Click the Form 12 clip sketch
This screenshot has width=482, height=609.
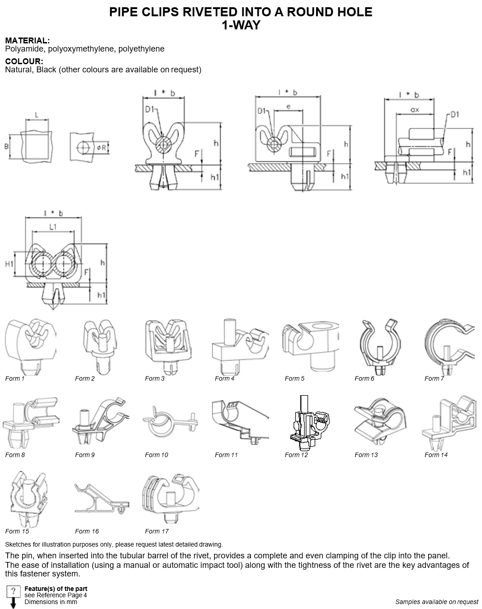click(309, 423)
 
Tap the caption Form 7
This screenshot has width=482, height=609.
click(434, 378)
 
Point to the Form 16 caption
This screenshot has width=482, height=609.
click(87, 531)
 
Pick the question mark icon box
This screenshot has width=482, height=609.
click(13, 591)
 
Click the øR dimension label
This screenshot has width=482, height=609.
click(102, 147)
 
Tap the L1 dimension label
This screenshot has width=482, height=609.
click(53, 227)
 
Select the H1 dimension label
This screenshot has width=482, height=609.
click(9, 264)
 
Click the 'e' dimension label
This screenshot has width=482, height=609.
click(288, 107)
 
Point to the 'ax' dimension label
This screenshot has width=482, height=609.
click(415, 109)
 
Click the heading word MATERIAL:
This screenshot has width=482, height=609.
click(28, 41)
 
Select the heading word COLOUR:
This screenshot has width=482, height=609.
click(24, 61)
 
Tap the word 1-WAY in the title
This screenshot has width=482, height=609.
click(241, 25)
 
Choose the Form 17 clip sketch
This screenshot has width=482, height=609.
click(171, 498)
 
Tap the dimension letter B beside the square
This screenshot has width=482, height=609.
click(6, 146)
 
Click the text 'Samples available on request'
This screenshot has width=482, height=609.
click(437, 602)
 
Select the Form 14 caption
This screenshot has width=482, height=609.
click(436, 455)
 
